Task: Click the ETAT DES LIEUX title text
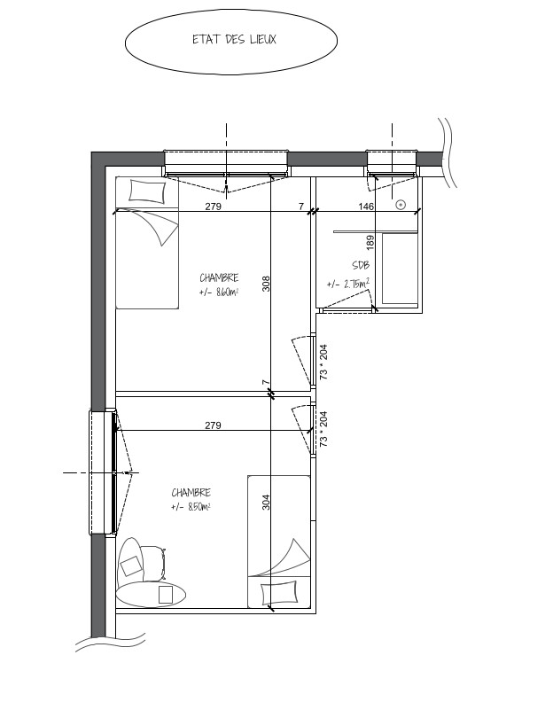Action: click(x=234, y=39)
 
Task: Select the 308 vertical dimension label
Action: click(x=266, y=284)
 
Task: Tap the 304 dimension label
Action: click(x=266, y=502)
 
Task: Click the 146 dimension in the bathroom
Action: click(x=366, y=207)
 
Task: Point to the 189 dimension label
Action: click(x=370, y=243)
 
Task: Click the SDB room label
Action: click(x=361, y=265)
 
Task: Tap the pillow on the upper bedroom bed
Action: click(x=147, y=191)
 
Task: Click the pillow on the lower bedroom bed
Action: click(x=279, y=592)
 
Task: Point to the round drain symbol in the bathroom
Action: click(x=401, y=205)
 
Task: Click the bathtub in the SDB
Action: click(x=400, y=269)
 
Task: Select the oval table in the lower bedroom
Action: click(x=151, y=594)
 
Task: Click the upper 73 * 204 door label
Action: click(x=323, y=362)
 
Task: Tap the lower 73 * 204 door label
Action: click(x=323, y=429)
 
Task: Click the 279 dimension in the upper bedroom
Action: click(x=214, y=207)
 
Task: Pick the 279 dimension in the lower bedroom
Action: click(x=214, y=425)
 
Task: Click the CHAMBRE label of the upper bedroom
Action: click(x=219, y=277)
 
